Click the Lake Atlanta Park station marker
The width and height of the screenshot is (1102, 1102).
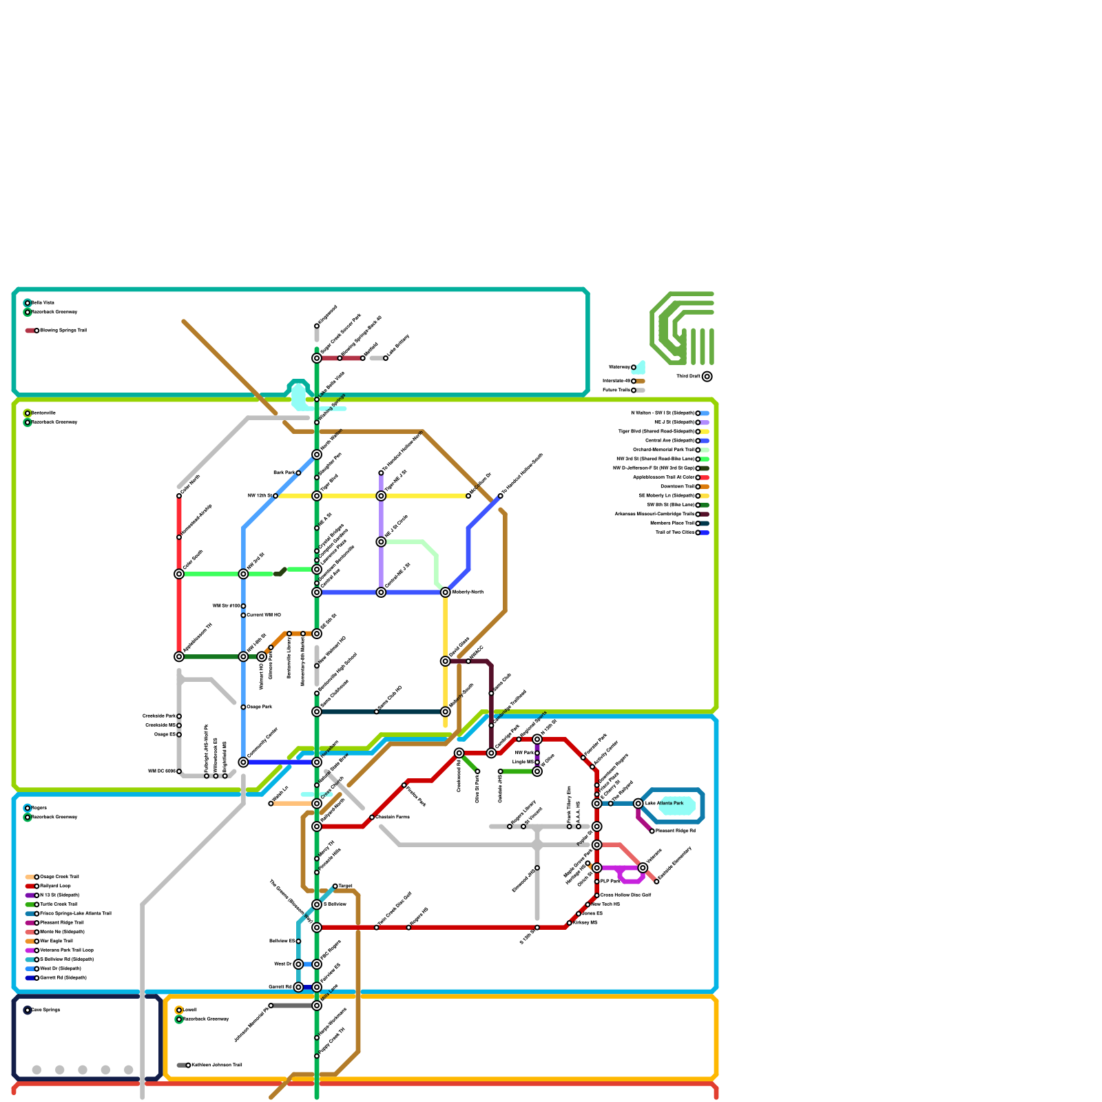pyautogui.click(x=638, y=804)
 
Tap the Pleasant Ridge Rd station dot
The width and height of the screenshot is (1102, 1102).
pyautogui.click(x=652, y=831)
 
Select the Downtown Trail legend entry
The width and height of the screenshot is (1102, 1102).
pyautogui.click(x=698, y=487)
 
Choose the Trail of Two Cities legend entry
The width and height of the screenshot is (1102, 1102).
pyautogui.click(x=698, y=532)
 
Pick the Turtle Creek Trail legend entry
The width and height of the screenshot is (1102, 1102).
pyautogui.click(x=37, y=904)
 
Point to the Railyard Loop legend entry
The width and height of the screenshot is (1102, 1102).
pyautogui.click(x=37, y=886)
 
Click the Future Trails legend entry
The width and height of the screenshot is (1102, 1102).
pyautogui.click(x=634, y=391)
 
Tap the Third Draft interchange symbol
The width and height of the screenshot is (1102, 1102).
pyautogui.click(x=707, y=377)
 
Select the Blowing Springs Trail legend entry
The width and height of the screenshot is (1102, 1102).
pyautogui.click(x=37, y=331)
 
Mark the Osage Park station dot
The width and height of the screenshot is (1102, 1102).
pyautogui.click(x=243, y=707)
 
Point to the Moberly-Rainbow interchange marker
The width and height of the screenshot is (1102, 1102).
pyautogui.click(x=446, y=592)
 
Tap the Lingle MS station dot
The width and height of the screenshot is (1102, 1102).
pyautogui.click(x=537, y=762)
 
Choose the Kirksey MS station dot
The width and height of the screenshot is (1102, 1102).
pyautogui.click(x=570, y=923)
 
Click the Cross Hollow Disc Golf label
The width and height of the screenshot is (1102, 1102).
pyautogui.click(x=625, y=895)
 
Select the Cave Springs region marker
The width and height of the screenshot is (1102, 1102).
pyautogui.click(x=28, y=1010)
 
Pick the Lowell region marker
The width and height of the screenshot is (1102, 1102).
pyautogui.click(x=179, y=1010)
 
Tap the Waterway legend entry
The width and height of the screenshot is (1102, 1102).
pyautogui.click(x=634, y=368)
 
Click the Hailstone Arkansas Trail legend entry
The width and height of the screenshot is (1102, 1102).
pyautogui.click(x=188, y=1065)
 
